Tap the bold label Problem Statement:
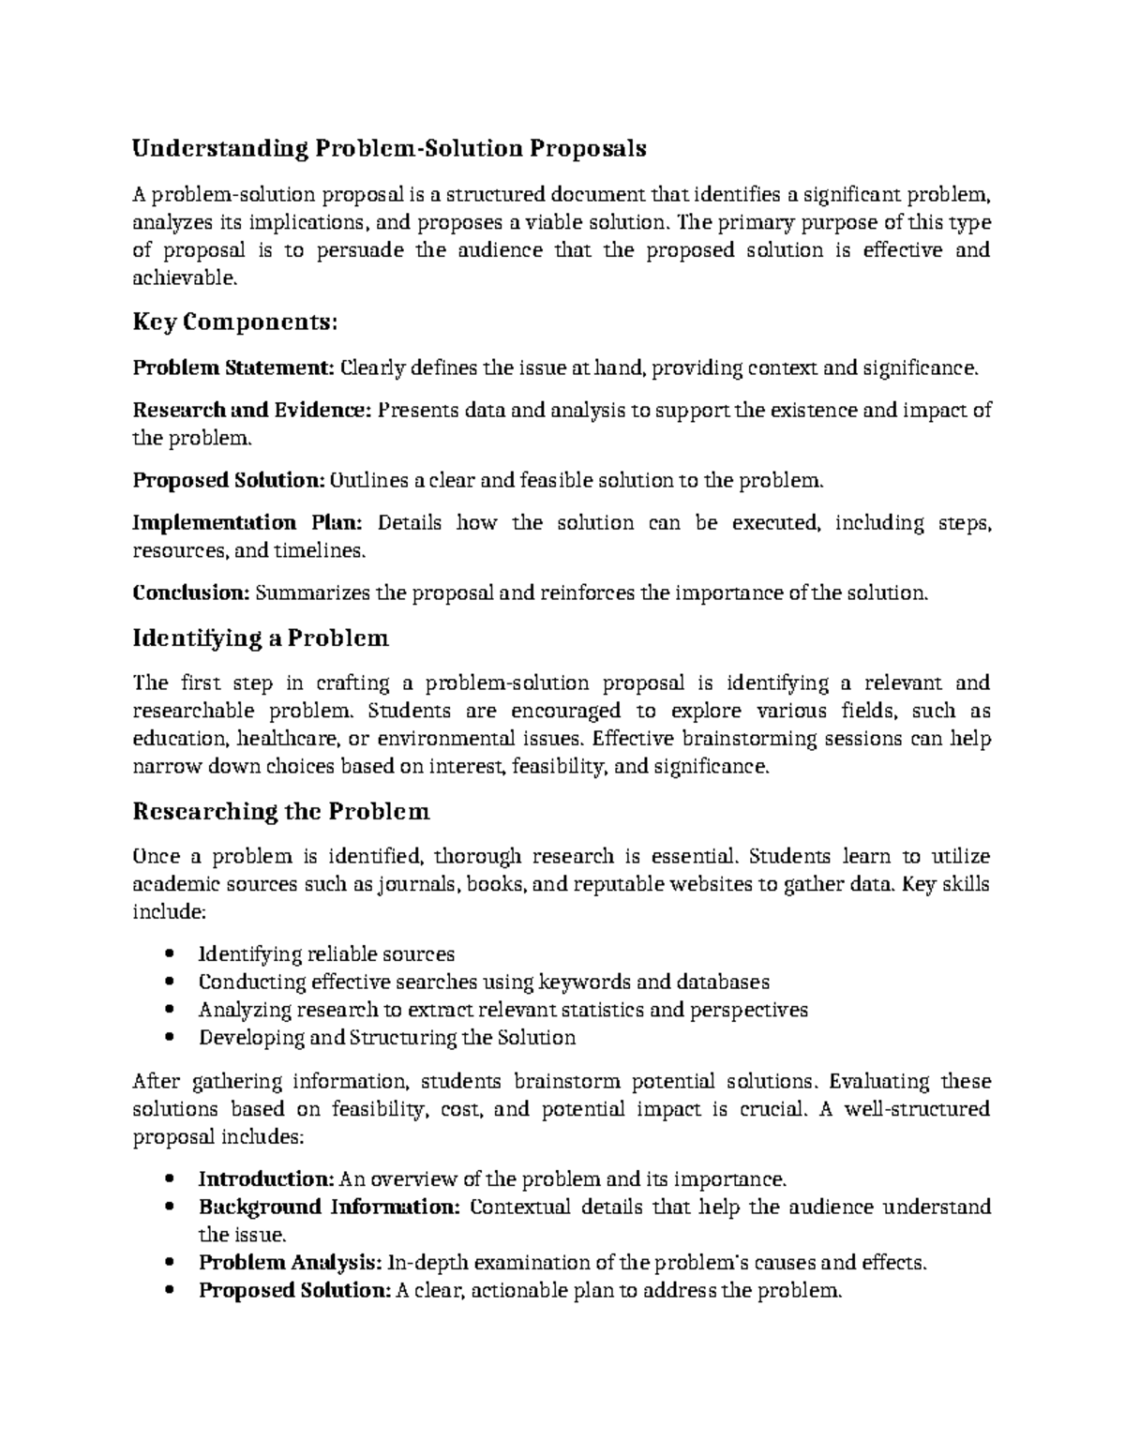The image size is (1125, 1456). coord(232,368)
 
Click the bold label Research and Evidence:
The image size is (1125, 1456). coord(252,410)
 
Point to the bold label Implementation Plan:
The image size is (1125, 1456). coord(252,522)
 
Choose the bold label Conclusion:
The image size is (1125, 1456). coord(191,593)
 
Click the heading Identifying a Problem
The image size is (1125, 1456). coord(260,638)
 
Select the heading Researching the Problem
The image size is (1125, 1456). coord(281,811)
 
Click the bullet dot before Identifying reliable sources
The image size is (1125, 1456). coord(169,954)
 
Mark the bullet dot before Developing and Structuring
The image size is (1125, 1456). coord(169,1038)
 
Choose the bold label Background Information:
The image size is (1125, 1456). coord(329,1207)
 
